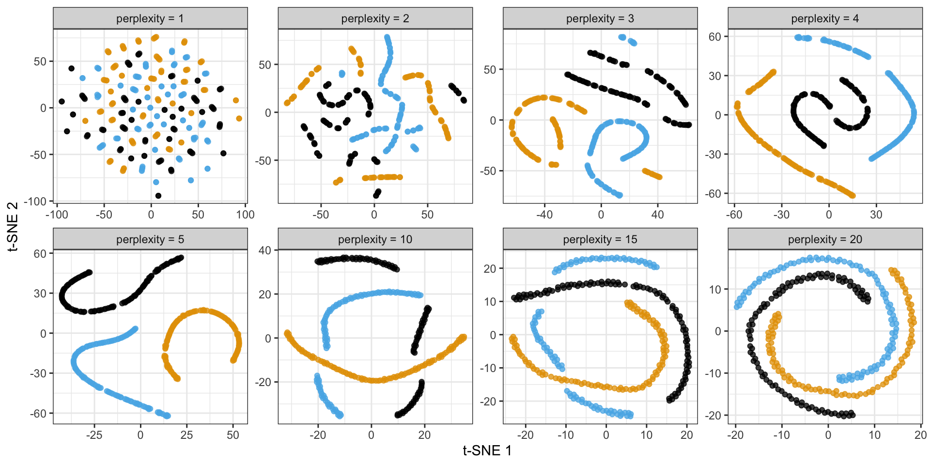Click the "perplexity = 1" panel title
click(x=150, y=18)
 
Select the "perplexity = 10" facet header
click(x=375, y=239)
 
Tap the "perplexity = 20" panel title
click(x=825, y=239)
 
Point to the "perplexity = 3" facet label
click(x=600, y=18)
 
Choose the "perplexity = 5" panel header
click(x=150, y=239)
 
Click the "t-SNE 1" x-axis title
click(x=487, y=451)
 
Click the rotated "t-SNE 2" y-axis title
click(x=13, y=226)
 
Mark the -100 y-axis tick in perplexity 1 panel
click(x=37, y=201)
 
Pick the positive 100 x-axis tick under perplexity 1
click(x=245, y=215)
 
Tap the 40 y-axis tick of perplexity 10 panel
click(x=265, y=250)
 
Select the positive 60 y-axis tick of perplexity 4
click(x=715, y=37)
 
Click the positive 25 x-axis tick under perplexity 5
click(x=186, y=435)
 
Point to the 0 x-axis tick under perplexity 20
click(x=828, y=435)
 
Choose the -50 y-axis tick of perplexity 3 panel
click(x=489, y=171)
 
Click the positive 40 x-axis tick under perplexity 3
click(x=657, y=215)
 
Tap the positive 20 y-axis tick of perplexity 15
click(x=490, y=269)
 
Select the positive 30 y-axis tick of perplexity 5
click(x=40, y=294)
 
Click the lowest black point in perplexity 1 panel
click(x=158, y=196)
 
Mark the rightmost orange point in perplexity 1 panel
click(x=239, y=118)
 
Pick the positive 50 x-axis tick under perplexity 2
click(x=427, y=215)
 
